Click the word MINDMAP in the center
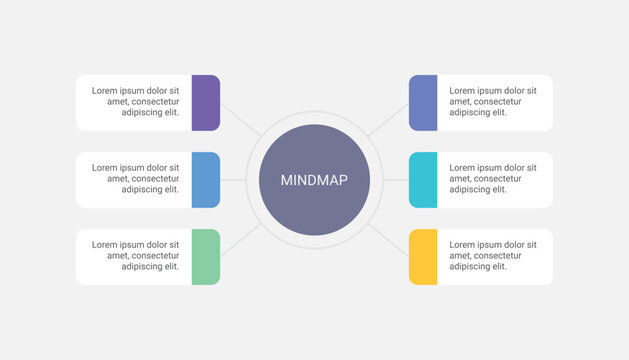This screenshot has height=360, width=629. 314,181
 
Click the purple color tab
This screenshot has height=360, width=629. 205,103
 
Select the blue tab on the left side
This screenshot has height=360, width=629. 205,180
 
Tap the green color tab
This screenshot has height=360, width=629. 205,257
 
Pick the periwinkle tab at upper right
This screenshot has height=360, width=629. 423,103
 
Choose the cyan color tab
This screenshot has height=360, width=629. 423,180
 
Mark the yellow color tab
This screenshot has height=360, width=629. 423,257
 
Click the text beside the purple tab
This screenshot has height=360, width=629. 136,102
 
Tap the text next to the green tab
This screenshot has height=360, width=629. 136,256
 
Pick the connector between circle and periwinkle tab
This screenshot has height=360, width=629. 388,119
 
